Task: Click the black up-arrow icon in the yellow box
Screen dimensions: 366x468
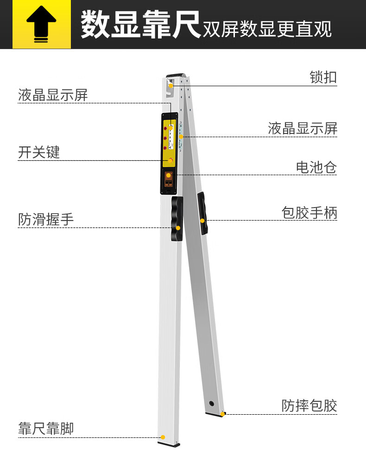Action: [x=41, y=25]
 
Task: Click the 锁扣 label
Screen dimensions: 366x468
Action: [x=323, y=77]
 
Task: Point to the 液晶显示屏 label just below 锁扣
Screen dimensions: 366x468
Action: [x=303, y=128]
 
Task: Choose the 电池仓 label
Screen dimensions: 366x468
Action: [x=316, y=167]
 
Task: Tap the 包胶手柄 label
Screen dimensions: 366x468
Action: [x=309, y=213]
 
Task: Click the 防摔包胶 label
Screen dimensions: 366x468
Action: [x=309, y=405]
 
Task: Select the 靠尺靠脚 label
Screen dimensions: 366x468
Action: [x=46, y=429]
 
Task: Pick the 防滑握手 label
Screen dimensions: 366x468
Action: [x=46, y=219]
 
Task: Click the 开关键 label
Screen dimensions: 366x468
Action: [x=39, y=152]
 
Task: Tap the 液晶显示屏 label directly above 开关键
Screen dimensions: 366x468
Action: [x=53, y=95]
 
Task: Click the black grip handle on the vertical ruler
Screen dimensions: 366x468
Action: [x=177, y=218]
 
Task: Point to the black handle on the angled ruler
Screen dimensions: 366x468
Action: [x=203, y=213]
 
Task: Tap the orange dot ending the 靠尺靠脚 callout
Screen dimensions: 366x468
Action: [x=163, y=437]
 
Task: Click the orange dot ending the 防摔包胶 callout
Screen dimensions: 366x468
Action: [x=222, y=414]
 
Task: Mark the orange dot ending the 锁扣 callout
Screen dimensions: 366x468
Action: [x=171, y=85]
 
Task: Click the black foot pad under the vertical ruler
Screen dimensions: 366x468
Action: [x=169, y=444]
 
